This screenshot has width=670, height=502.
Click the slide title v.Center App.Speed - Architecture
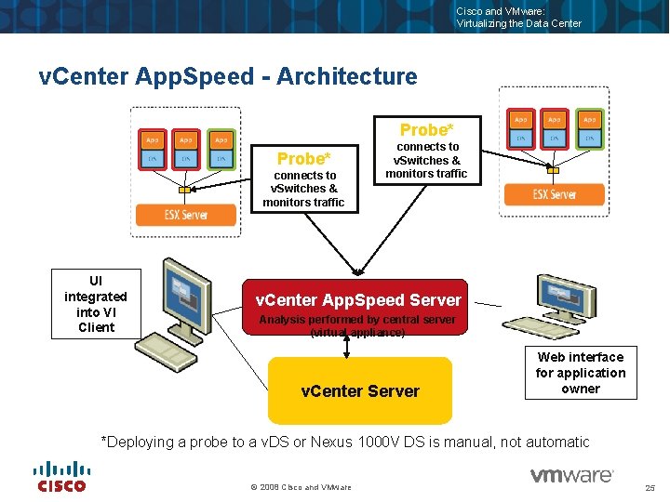tap(228, 76)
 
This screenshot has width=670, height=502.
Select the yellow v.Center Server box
tap(360, 390)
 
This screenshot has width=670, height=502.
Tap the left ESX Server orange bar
tap(186, 215)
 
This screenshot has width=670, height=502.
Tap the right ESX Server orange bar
tap(555, 194)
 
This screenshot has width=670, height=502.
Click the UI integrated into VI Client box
tap(96, 303)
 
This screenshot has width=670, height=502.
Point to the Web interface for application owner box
tap(581, 373)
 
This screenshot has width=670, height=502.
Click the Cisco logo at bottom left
tap(60, 476)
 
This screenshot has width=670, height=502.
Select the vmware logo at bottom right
tap(571, 476)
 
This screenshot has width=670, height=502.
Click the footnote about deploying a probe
tap(344, 443)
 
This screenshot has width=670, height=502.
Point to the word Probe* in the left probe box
tap(304, 158)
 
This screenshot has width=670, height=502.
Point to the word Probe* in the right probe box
tap(427, 129)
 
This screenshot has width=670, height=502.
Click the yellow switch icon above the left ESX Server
tap(184, 190)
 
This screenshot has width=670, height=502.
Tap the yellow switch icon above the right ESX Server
tap(554, 170)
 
